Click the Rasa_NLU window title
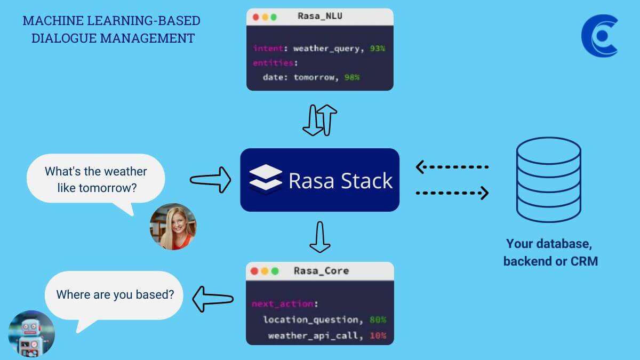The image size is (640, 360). coord(320,16)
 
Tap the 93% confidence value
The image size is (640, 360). coord(378,49)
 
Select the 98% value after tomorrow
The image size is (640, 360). coord(352,77)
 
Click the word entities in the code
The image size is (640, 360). coord(273,63)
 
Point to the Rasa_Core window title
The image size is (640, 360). coord(322,270)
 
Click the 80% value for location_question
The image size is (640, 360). coord(378,319)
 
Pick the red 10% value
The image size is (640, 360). coord(378,335)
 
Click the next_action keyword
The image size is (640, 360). coord(283,303)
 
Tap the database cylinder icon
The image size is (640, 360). coord(549,180)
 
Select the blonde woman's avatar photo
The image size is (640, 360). coord(173,227)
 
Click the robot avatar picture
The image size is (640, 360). coord(31,334)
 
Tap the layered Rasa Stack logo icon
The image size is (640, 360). coord(266,180)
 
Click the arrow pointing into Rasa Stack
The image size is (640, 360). coord(211,180)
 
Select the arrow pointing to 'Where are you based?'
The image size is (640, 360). coord(213,299)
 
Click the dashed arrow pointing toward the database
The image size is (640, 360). coord(452,193)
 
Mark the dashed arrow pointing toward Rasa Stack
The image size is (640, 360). coord(452,167)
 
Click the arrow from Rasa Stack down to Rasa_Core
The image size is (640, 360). coord(320,237)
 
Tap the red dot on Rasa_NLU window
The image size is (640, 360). coord(255,18)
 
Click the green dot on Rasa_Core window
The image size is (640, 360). coord(275,271)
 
